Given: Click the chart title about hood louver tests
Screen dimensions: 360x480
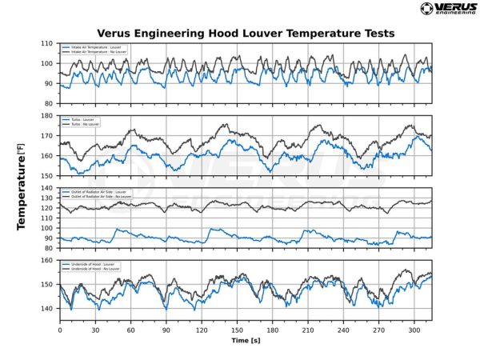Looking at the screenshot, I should pos(246,34).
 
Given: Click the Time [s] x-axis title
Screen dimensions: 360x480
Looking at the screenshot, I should pos(246,340).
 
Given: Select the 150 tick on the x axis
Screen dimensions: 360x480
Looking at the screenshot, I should pos(237,329).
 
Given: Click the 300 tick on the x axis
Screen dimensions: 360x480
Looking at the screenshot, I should pos(414,329).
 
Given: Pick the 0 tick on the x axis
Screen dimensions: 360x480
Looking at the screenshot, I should pos(59,329).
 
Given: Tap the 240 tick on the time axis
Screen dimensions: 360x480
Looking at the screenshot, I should pos(343,329).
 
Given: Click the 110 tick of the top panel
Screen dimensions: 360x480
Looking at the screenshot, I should pos(49,43).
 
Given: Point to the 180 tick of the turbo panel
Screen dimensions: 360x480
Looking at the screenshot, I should pos(49,116).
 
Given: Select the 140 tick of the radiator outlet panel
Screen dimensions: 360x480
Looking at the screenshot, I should pos(49,189).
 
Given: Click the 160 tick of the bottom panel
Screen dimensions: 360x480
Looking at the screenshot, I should pos(49,261).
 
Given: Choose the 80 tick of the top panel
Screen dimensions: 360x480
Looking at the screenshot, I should pos(50,103).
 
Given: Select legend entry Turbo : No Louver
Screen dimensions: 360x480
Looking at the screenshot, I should pos(83,124).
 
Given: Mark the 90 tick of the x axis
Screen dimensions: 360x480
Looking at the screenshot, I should pos(166,329).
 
